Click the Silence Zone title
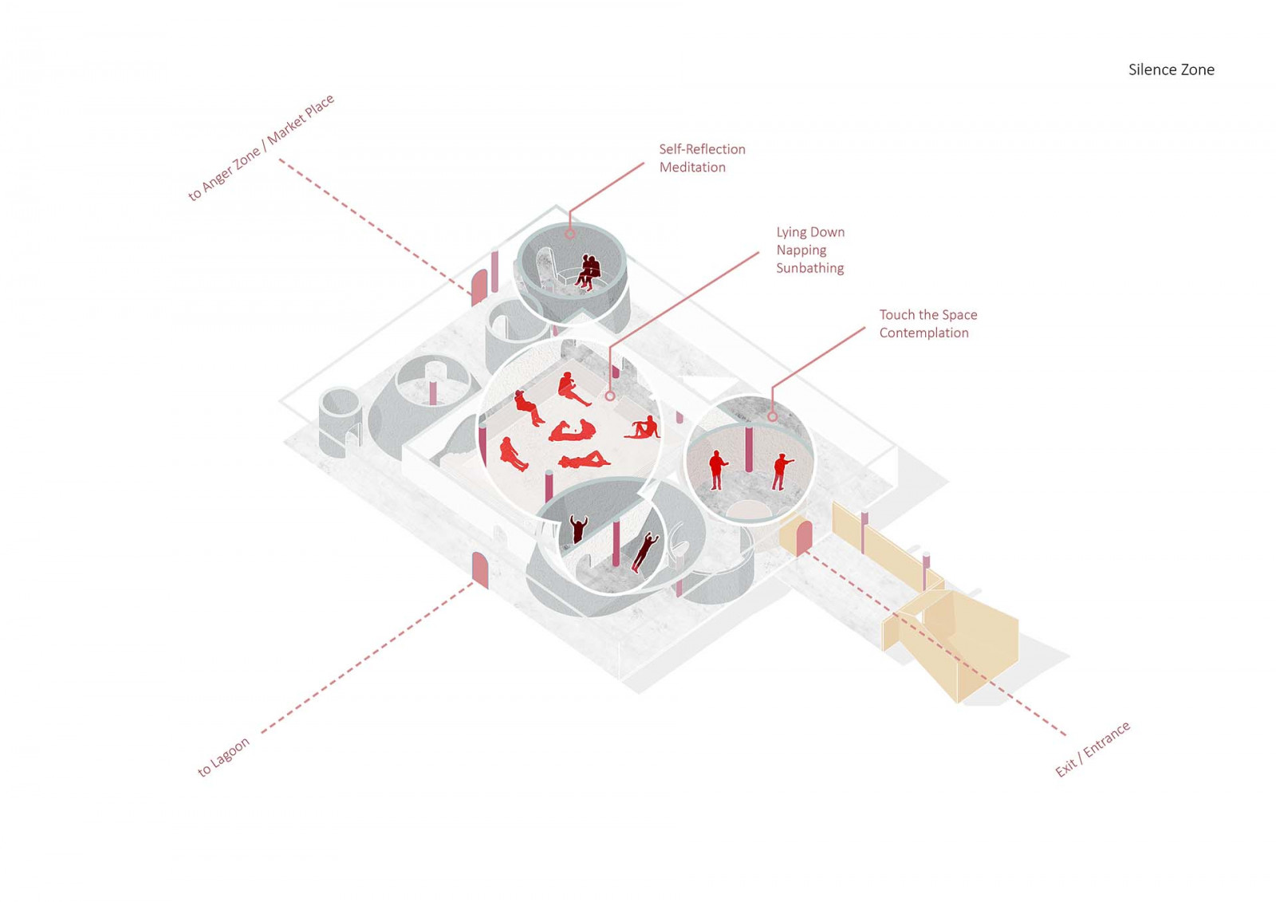1171,70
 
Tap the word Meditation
692,167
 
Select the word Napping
801,250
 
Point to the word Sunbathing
809,269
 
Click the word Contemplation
924,333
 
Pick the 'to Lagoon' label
223,756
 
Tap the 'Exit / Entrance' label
1092,749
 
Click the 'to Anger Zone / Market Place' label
261,148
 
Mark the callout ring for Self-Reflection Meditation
569,234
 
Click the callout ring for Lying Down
610,396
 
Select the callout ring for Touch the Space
772,417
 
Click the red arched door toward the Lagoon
480,569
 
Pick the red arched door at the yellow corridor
804,537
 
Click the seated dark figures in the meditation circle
588,271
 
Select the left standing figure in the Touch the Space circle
717,470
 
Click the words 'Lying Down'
810,232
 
